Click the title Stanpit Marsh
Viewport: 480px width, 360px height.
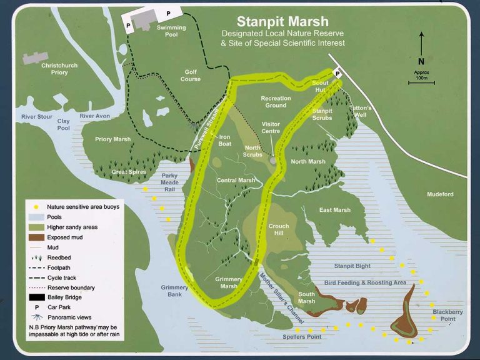pos(282,22)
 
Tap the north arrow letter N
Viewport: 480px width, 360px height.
pos(421,61)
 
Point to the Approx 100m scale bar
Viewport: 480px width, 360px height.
pos(421,82)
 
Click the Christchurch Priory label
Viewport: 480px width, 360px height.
pos(63,68)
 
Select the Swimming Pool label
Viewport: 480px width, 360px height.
pos(171,31)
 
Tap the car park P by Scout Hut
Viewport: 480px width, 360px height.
pos(337,73)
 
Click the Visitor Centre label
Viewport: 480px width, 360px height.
pos(271,127)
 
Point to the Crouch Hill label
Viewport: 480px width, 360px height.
pos(279,229)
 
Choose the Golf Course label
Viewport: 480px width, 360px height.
pos(191,76)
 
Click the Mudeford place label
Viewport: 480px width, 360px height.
pos(441,194)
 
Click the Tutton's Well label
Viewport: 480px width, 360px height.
pos(361,111)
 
